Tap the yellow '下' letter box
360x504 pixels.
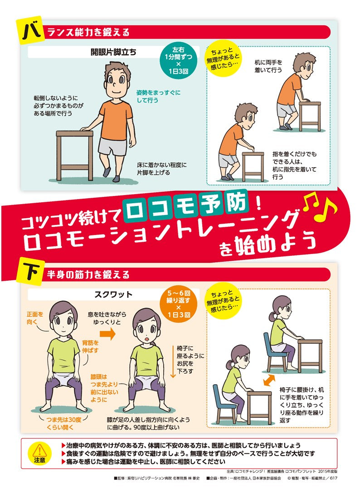pyautogui.click(x=32, y=273)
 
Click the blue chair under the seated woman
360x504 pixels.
pyautogui.click(x=275, y=352)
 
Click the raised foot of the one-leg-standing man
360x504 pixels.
pyautogui.click(x=107, y=171)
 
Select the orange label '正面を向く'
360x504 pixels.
pyautogui.click(x=35, y=317)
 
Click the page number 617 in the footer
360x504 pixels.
pyautogui.click(x=333, y=478)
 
